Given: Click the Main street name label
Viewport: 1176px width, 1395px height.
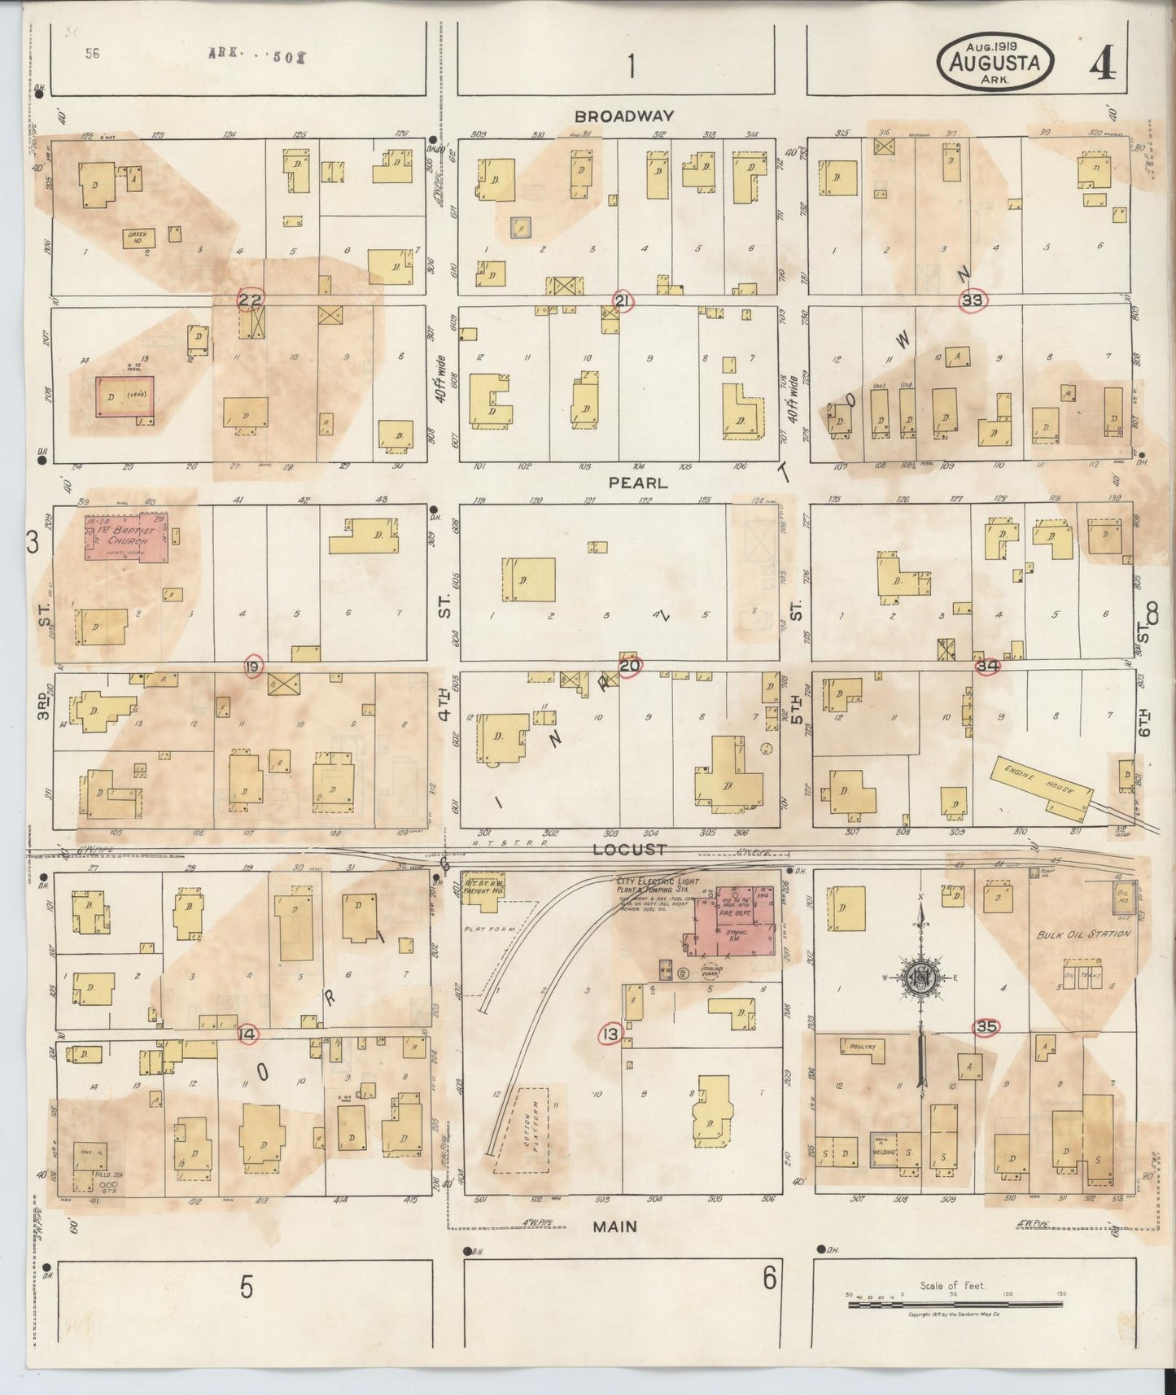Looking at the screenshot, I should (615, 1227).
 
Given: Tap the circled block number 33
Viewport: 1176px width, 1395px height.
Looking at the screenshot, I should (973, 300).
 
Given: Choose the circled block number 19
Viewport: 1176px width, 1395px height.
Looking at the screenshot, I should (253, 667).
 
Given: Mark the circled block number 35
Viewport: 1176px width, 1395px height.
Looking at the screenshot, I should (986, 1027).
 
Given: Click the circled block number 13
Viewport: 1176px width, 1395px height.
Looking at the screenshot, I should (610, 1034).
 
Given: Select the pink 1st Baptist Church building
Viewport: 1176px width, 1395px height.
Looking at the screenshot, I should (128, 536).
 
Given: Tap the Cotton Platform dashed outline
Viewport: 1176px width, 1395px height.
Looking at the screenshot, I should (521, 1128).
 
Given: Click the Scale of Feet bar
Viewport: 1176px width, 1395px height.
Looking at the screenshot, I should (954, 1304).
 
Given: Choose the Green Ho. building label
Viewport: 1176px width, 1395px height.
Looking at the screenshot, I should (136, 236).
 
